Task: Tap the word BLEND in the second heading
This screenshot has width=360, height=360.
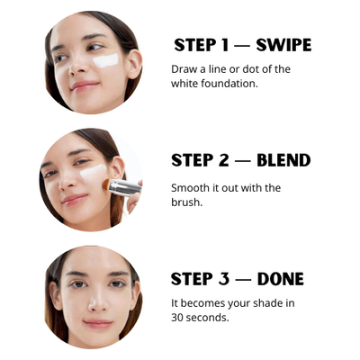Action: point(283,161)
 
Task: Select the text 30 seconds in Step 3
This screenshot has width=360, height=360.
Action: point(200,318)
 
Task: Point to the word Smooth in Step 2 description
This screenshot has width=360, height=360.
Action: point(190,188)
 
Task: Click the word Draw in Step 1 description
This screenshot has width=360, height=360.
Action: point(184,68)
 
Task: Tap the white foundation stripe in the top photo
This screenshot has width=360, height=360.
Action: point(106,61)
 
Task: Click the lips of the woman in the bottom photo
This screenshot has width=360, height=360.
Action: point(97,322)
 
